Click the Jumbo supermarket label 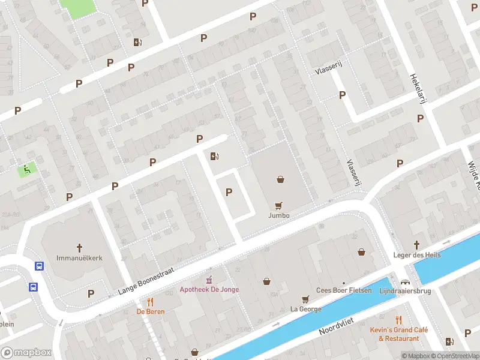pyautogui.click(x=279, y=215)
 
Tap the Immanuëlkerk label pyautogui.click(x=79, y=257)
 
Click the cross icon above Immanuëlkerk pyautogui.click(x=79, y=247)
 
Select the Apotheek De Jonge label pyautogui.click(x=209, y=289)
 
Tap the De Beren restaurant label pyautogui.click(x=150, y=311)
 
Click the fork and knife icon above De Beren pyautogui.click(x=150, y=302)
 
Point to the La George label pyautogui.click(x=305, y=309)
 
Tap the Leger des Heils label pyautogui.click(x=417, y=255)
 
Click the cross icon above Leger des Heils pyautogui.click(x=417, y=245)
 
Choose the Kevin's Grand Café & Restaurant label pyautogui.click(x=398, y=334)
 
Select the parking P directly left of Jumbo pyautogui.click(x=228, y=192)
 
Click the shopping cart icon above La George pyautogui.click(x=305, y=299)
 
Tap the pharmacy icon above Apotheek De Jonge pyautogui.click(x=209, y=280)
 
